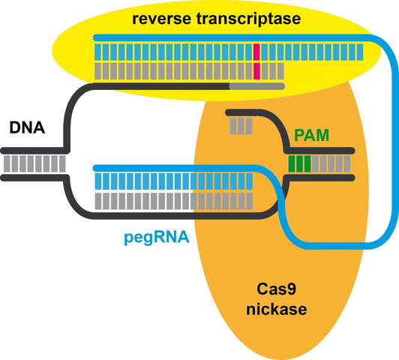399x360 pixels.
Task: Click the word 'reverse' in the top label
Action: point(160,17)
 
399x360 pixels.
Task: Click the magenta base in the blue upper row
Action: point(256,52)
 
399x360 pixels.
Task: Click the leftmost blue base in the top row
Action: point(97,52)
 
